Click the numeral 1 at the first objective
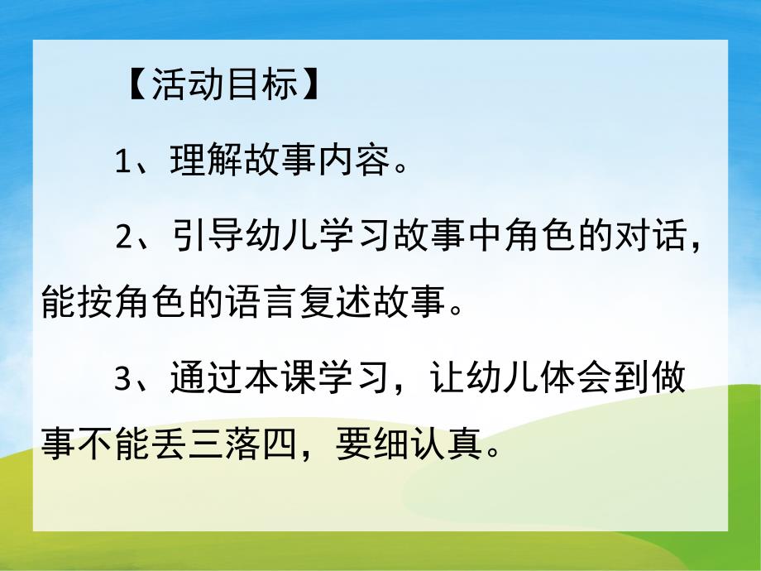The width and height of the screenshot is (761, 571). pyautogui.click(x=123, y=161)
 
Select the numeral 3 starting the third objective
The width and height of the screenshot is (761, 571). pyautogui.click(x=124, y=381)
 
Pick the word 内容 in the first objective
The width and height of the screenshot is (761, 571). pyautogui.click(x=362, y=161)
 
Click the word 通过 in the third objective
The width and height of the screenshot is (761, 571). pyautogui.click(x=199, y=381)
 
